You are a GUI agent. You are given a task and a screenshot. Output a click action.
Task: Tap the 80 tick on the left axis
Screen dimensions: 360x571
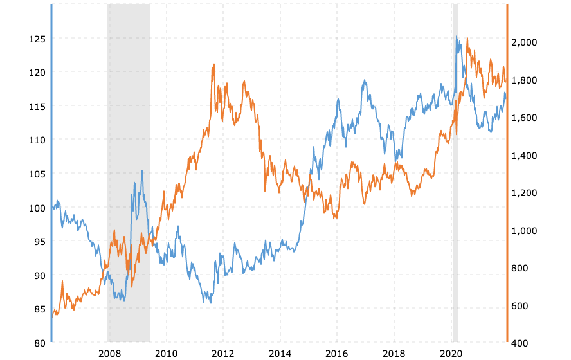[39, 343]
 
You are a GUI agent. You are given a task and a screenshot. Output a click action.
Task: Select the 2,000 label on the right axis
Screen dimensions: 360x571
[523, 42]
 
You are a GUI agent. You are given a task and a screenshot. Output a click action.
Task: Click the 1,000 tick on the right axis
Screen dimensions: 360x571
[523, 231]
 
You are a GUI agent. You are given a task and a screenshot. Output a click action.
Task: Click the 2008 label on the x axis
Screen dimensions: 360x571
[109, 353]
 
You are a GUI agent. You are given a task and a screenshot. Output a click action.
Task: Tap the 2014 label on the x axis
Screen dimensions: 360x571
[280, 353]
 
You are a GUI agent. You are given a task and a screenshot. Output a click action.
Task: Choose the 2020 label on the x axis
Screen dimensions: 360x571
[451, 353]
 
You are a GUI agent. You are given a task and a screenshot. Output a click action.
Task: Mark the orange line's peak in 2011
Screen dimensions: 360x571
[213, 64]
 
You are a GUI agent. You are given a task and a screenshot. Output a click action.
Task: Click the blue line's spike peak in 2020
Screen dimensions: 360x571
[456, 36]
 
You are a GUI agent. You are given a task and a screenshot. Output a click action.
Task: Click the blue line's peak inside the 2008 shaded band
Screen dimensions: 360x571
[142, 170]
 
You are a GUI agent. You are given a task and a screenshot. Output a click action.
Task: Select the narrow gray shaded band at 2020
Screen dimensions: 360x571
[455, 174]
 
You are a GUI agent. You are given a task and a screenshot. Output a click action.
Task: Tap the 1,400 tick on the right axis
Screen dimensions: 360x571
[523, 156]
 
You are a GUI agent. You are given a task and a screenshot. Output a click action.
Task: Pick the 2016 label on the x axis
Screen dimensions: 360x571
[337, 353]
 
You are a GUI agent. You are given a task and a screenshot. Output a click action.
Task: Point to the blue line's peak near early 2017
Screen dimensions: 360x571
[365, 80]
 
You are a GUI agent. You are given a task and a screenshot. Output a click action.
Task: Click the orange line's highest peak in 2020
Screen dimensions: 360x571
[467, 38]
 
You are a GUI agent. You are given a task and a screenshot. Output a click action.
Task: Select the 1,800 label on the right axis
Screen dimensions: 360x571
[523, 80]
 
